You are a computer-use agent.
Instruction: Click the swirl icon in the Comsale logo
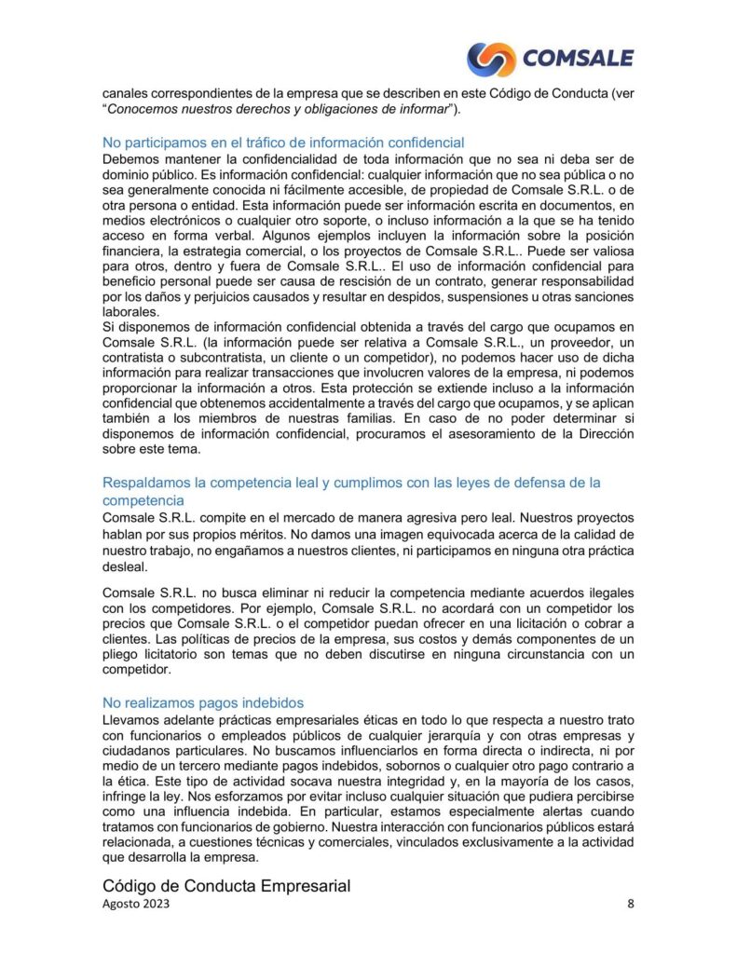coord(491,59)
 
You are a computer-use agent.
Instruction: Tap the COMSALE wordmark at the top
coord(578,59)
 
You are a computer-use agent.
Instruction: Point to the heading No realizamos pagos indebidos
coord(203,703)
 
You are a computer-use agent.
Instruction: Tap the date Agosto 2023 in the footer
coord(136,905)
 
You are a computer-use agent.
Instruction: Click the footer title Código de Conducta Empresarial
coord(225,886)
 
